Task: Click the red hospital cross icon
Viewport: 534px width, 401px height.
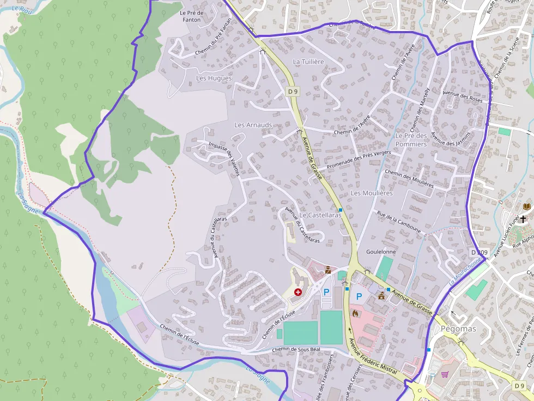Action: click(298, 292)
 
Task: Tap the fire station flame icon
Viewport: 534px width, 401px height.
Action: click(355, 313)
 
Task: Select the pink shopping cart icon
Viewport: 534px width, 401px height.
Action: click(445, 374)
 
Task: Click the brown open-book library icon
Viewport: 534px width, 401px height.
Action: click(526, 207)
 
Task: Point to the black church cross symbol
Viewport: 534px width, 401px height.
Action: click(523, 219)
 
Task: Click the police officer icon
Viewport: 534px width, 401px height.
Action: click(327, 269)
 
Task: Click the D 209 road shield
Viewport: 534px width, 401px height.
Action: click(479, 252)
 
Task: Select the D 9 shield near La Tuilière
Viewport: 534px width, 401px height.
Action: click(293, 91)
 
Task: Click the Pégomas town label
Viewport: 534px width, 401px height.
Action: click(458, 329)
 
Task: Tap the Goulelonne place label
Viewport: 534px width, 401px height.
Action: click(381, 252)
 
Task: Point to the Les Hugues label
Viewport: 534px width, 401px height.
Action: click(214, 78)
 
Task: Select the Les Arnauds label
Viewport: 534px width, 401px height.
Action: click(253, 125)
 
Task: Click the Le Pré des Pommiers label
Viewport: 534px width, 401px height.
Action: click(411, 140)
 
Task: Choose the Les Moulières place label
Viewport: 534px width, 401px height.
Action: click(372, 193)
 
